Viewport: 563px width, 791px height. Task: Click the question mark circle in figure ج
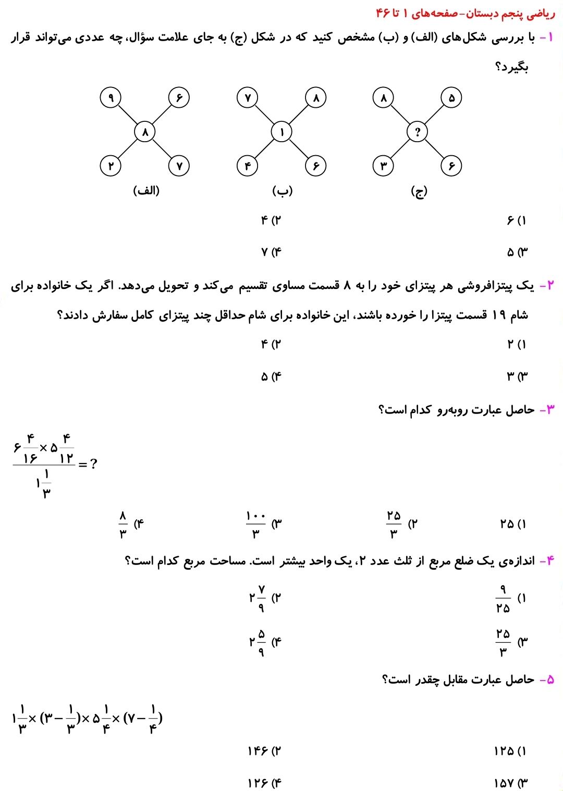(x=417, y=132)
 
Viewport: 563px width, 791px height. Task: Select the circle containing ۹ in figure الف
(x=111, y=97)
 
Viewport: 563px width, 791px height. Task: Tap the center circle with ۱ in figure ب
(x=281, y=132)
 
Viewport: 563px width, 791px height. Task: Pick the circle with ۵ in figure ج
(x=451, y=97)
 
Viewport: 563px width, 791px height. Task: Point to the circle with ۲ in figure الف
(x=111, y=166)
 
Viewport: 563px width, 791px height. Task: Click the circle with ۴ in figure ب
(x=248, y=166)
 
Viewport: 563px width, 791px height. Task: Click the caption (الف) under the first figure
(x=146, y=191)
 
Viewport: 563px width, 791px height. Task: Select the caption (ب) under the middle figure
(x=282, y=191)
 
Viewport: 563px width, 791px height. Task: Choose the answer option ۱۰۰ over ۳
(x=256, y=524)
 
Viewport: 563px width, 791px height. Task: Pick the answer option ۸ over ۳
(x=123, y=524)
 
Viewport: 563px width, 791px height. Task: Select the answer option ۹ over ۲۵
(x=503, y=598)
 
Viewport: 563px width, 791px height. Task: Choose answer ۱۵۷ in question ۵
(x=504, y=783)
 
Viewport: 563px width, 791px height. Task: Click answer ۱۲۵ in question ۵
(x=504, y=751)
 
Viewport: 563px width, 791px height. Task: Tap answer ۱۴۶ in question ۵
(x=258, y=751)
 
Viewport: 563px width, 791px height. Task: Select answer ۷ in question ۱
(x=264, y=252)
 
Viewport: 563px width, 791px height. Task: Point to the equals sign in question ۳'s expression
(x=82, y=463)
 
